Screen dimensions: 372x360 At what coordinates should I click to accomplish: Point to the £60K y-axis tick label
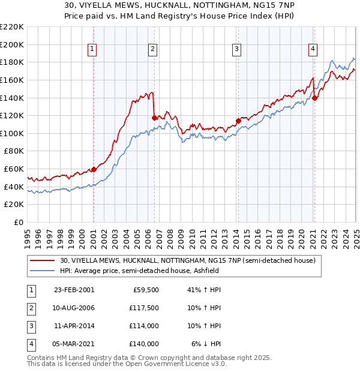(x=14, y=169)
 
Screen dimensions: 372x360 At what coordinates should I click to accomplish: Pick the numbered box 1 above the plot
(x=93, y=50)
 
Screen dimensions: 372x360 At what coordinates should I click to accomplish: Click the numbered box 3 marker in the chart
(x=237, y=50)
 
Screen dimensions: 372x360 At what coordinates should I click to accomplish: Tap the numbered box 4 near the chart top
(x=313, y=50)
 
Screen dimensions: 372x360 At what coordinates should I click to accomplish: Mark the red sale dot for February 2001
(x=94, y=169)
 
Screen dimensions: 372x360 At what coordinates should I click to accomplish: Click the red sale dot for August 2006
(x=154, y=118)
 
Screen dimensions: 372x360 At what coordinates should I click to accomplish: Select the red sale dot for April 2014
(x=238, y=121)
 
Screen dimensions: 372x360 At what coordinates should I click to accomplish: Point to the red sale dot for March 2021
(x=315, y=98)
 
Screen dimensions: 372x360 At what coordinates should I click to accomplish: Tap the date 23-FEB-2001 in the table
(x=74, y=290)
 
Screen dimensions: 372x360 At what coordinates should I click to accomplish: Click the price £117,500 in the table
(x=144, y=308)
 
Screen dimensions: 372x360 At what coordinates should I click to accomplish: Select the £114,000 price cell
(x=144, y=326)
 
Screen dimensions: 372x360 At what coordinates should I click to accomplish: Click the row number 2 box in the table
(x=30, y=308)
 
